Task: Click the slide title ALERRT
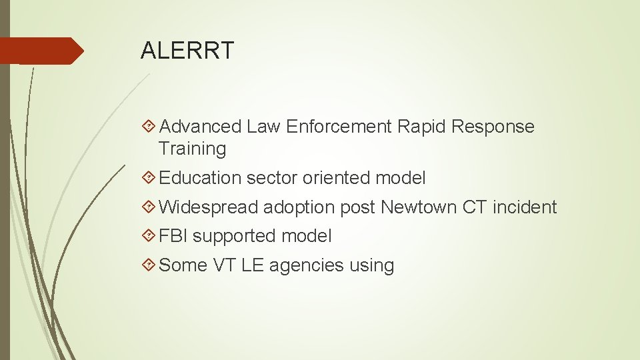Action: coord(187,50)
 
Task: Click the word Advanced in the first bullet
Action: coord(201,127)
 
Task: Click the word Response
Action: coord(493,127)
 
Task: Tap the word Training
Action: coord(193,149)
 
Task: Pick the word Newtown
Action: coord(419,207)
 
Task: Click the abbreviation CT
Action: coord(474,207)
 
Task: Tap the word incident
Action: coord(525,207)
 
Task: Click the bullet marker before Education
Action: coord(150,178)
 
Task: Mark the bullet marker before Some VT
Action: coord(150,265)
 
